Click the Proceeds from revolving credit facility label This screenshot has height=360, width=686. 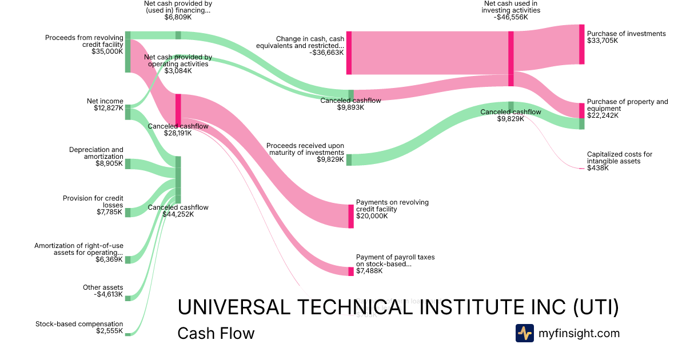coord(84,41)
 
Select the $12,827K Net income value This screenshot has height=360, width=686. coord(109,108)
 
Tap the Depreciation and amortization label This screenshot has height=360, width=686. coord(96,153)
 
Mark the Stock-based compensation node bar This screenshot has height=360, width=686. coord(128,334)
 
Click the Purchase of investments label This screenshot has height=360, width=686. coord(626,34)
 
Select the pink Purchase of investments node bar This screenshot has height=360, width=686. coord(582,44)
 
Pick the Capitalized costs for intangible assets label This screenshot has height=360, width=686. coord(619,158)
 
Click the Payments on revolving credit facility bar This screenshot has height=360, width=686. coord(351,216)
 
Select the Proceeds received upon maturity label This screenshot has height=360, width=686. coord(305,149)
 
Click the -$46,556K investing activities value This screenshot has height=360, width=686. coord(511,17)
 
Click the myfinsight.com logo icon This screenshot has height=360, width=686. coord(524,333)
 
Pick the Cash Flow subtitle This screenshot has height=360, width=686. coord(216,333)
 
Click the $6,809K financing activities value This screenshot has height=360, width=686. coord(178,17)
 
